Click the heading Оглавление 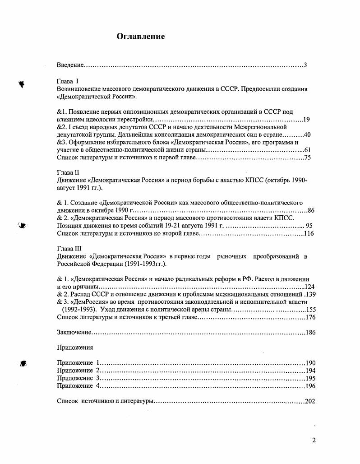tap(141, 37)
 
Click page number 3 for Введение tap(305, 65)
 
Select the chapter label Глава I tap(68, 81)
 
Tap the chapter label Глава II tap(68, 172)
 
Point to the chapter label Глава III tap(69, 249)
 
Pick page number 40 tap(307, 135)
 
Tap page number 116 tap(309, 233)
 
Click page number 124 tap(309, 287)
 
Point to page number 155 tap(310, 310)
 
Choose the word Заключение tap(74, 333)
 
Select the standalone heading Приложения tap(75, 348)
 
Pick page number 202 tap(309, 401)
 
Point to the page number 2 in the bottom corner tap(314, 441)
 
